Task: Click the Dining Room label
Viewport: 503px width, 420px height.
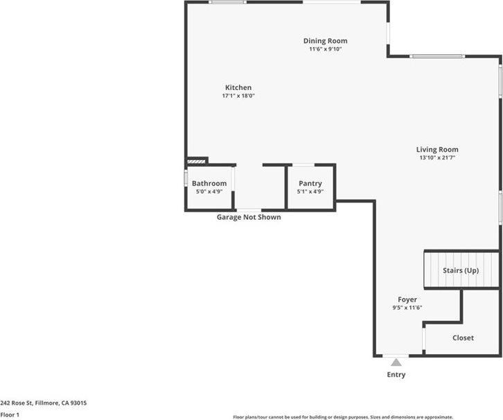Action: pos(325,41)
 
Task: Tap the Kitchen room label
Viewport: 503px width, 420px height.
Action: pos(238,87)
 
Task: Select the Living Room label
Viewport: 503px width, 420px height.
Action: pos(436,149)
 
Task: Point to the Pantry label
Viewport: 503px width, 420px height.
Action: pos(310,184)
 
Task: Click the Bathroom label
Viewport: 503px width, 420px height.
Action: pos(209,184)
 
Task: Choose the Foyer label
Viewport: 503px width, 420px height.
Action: pos(407,299)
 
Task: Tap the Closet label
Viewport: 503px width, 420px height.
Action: pos(463,338)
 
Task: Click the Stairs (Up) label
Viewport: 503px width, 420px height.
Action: pos(461,270)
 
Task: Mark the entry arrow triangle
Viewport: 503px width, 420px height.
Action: pos(396,361)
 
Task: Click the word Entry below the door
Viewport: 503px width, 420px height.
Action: pos(396,375)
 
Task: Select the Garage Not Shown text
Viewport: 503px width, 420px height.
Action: pos(249,217)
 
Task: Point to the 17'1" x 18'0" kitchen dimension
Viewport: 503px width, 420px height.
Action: pos(238,96)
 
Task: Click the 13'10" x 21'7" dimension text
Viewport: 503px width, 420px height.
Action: pos(436,157)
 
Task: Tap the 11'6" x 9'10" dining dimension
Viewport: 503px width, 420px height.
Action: pos(325,49)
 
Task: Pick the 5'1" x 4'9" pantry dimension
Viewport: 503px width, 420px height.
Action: pos(310,192)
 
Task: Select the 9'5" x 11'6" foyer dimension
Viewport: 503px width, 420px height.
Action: pos(407,308)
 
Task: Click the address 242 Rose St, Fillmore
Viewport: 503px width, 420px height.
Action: pos(43,403)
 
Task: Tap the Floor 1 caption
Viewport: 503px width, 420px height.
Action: pos(10,414)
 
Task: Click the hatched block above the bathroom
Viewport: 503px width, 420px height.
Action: pos(197,161)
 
